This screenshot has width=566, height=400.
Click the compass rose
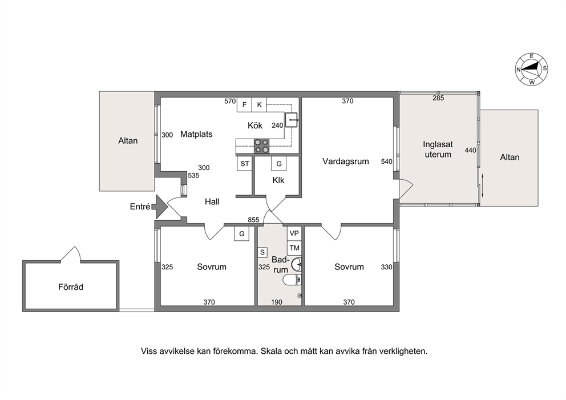(x=531, y=69)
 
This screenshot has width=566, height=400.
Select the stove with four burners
(x=262, y=146)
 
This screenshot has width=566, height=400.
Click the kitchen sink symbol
(x=292, y=119)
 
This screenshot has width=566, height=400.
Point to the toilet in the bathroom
(x=292, y=279)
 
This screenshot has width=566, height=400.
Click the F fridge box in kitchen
(x=244, y=104)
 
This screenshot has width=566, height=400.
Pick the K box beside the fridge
(x=259, y=104)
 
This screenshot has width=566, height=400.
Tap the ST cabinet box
(x=245, y=164)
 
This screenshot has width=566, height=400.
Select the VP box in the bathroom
(x=294, y=233)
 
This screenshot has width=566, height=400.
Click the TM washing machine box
(x=294, y=248)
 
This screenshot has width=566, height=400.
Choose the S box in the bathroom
(x=262, y=252)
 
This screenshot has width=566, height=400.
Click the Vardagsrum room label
(x=346, y=161)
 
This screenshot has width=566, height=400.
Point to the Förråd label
(x=71, y=287)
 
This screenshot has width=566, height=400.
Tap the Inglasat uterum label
(x=438, y=150)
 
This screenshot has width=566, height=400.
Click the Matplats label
(x=196, y=134)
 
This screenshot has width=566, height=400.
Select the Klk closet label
(x=278, y=180)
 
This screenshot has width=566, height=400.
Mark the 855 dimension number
(x=253, y=220)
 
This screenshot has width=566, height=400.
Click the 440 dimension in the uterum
(x=470, y=150)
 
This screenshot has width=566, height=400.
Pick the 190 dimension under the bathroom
(x=277, y=302)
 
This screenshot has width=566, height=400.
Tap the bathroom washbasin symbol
(x=296, y=264)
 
